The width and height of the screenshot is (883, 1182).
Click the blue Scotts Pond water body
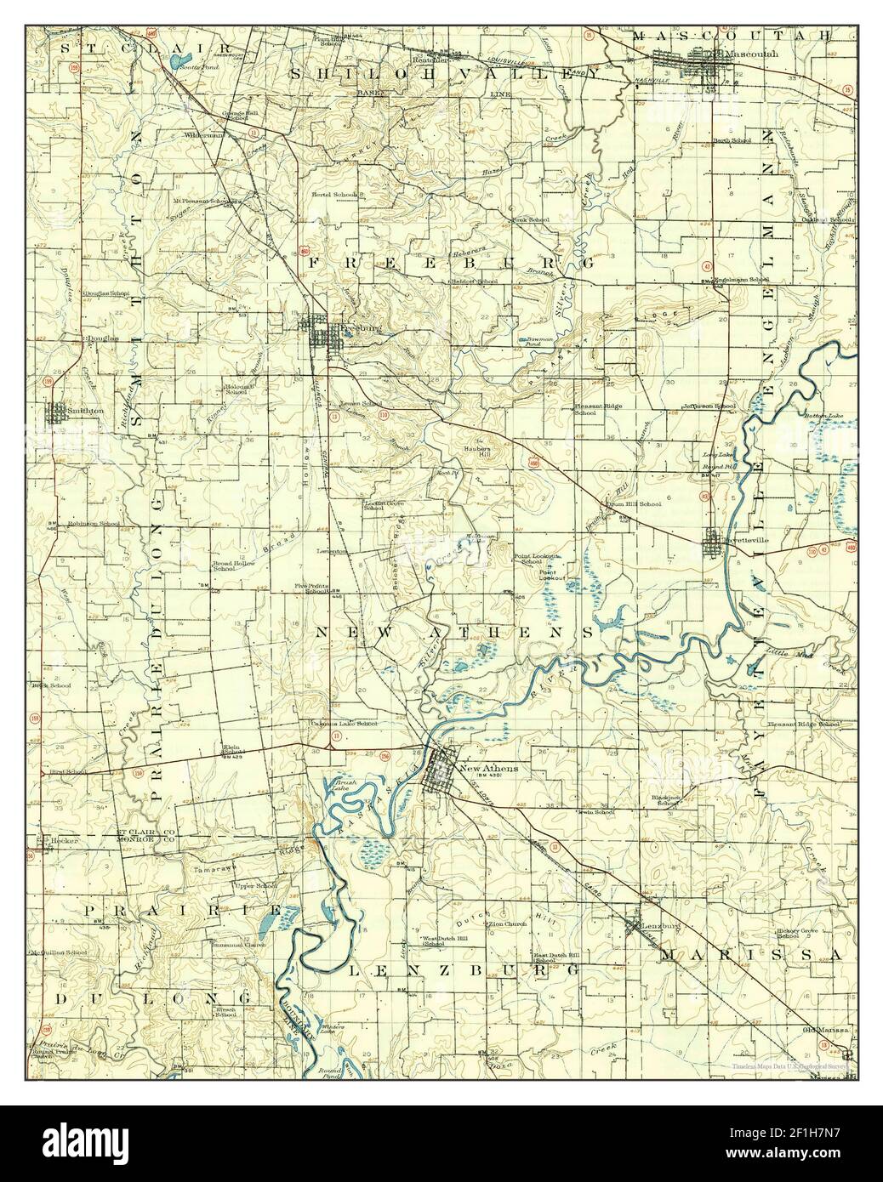click(x=176, y=62)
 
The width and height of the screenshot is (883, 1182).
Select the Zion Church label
click(x=508, y=923)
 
